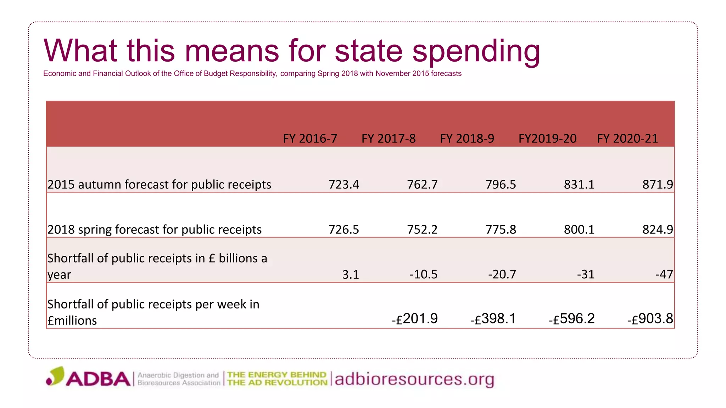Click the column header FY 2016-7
coord(310,138)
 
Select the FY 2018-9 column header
coord(467,138)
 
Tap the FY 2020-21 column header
coord(627,138)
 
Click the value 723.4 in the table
coord(344,185)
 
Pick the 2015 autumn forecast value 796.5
coord(501,185)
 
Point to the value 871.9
coord(657,185)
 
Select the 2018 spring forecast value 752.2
coord(422,229)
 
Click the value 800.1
coord(579,229)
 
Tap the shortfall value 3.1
coord(350,274)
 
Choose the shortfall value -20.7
coord(502,274)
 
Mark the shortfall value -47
coord(664,274)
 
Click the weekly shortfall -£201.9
coord(414,319)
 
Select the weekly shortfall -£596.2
coord(571,319)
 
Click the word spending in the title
coord(476,51)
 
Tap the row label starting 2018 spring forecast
coord(155,229)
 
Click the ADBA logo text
coord(98,379)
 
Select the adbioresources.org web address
coord(414,379)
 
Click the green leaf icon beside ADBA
coord(56,376)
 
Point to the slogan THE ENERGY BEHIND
coord(277,375)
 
